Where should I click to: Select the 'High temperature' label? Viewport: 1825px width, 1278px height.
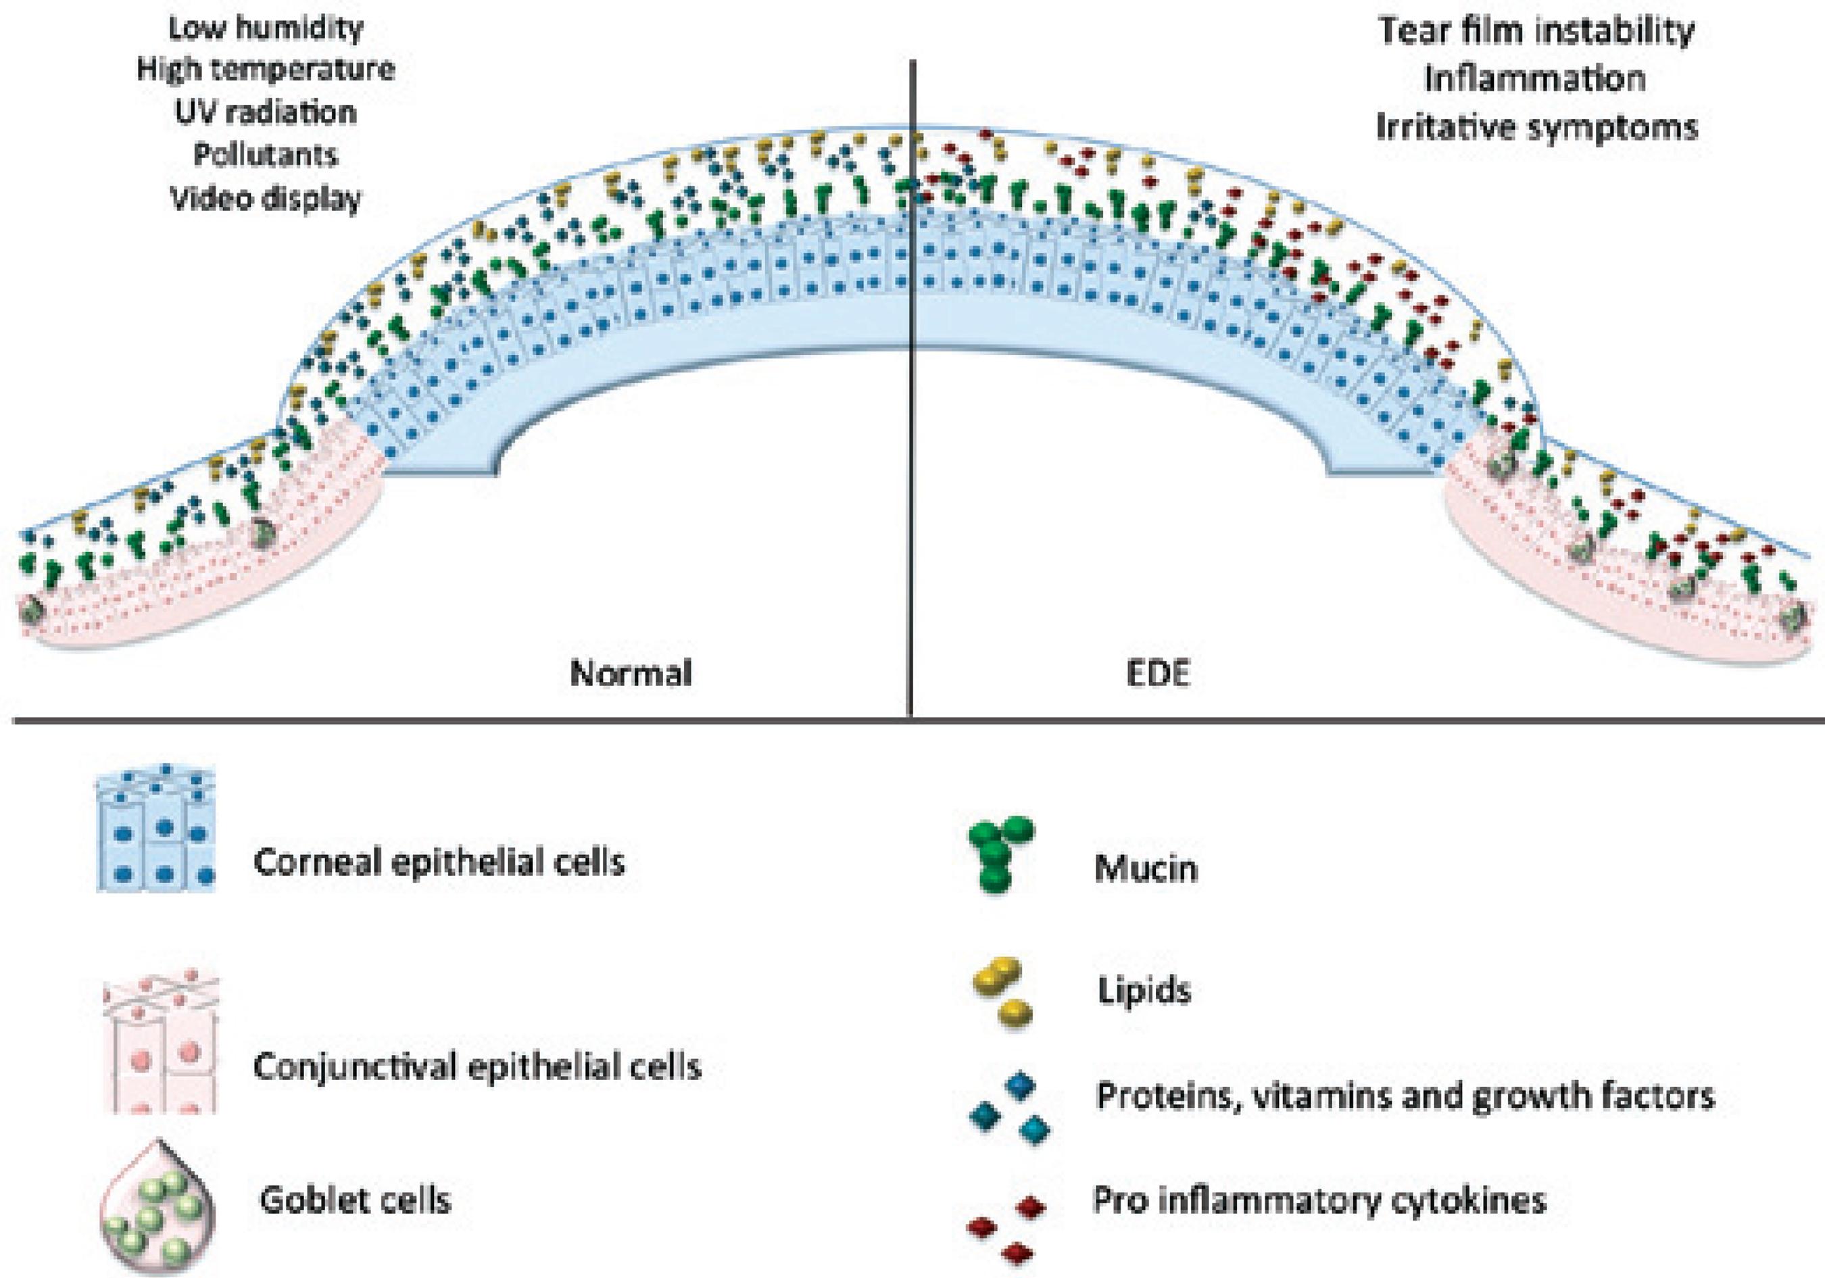[266, 70]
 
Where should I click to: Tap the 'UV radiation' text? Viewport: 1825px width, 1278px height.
[266, 112]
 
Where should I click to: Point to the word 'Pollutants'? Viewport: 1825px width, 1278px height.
[266, 154]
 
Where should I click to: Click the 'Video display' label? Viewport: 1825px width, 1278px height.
[266, 198]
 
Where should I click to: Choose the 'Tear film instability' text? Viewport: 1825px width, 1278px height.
[1536, 31]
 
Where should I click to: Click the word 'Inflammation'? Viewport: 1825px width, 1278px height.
[1535, 78]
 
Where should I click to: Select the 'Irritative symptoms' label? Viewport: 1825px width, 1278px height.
[1536, 127]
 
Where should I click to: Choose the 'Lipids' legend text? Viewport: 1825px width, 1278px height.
[1144, 991]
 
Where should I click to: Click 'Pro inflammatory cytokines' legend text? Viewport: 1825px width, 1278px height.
[1319, 1200]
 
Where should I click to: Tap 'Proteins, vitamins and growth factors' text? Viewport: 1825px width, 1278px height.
[1405, 1097]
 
